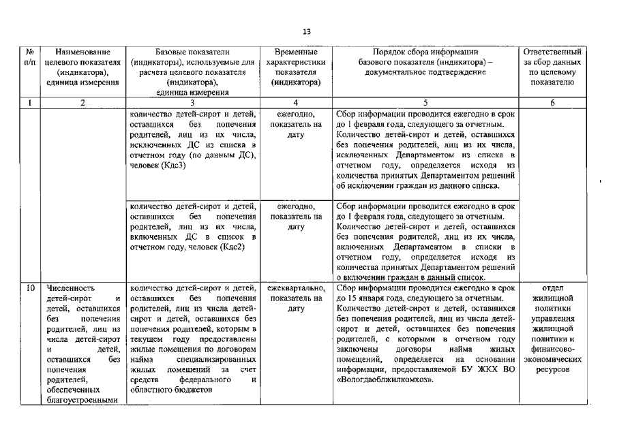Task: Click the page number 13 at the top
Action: click(307, 31)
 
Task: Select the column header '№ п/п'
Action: click(30, 57)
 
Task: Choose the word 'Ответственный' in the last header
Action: click(552, 52)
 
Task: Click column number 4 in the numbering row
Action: click(296, 103)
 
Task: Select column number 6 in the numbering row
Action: click(552, 103)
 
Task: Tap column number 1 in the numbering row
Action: click(30, 103)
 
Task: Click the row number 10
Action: click(30, 288)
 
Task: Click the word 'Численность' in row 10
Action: click(72, 288)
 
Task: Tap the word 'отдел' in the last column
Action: click(552, 287)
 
